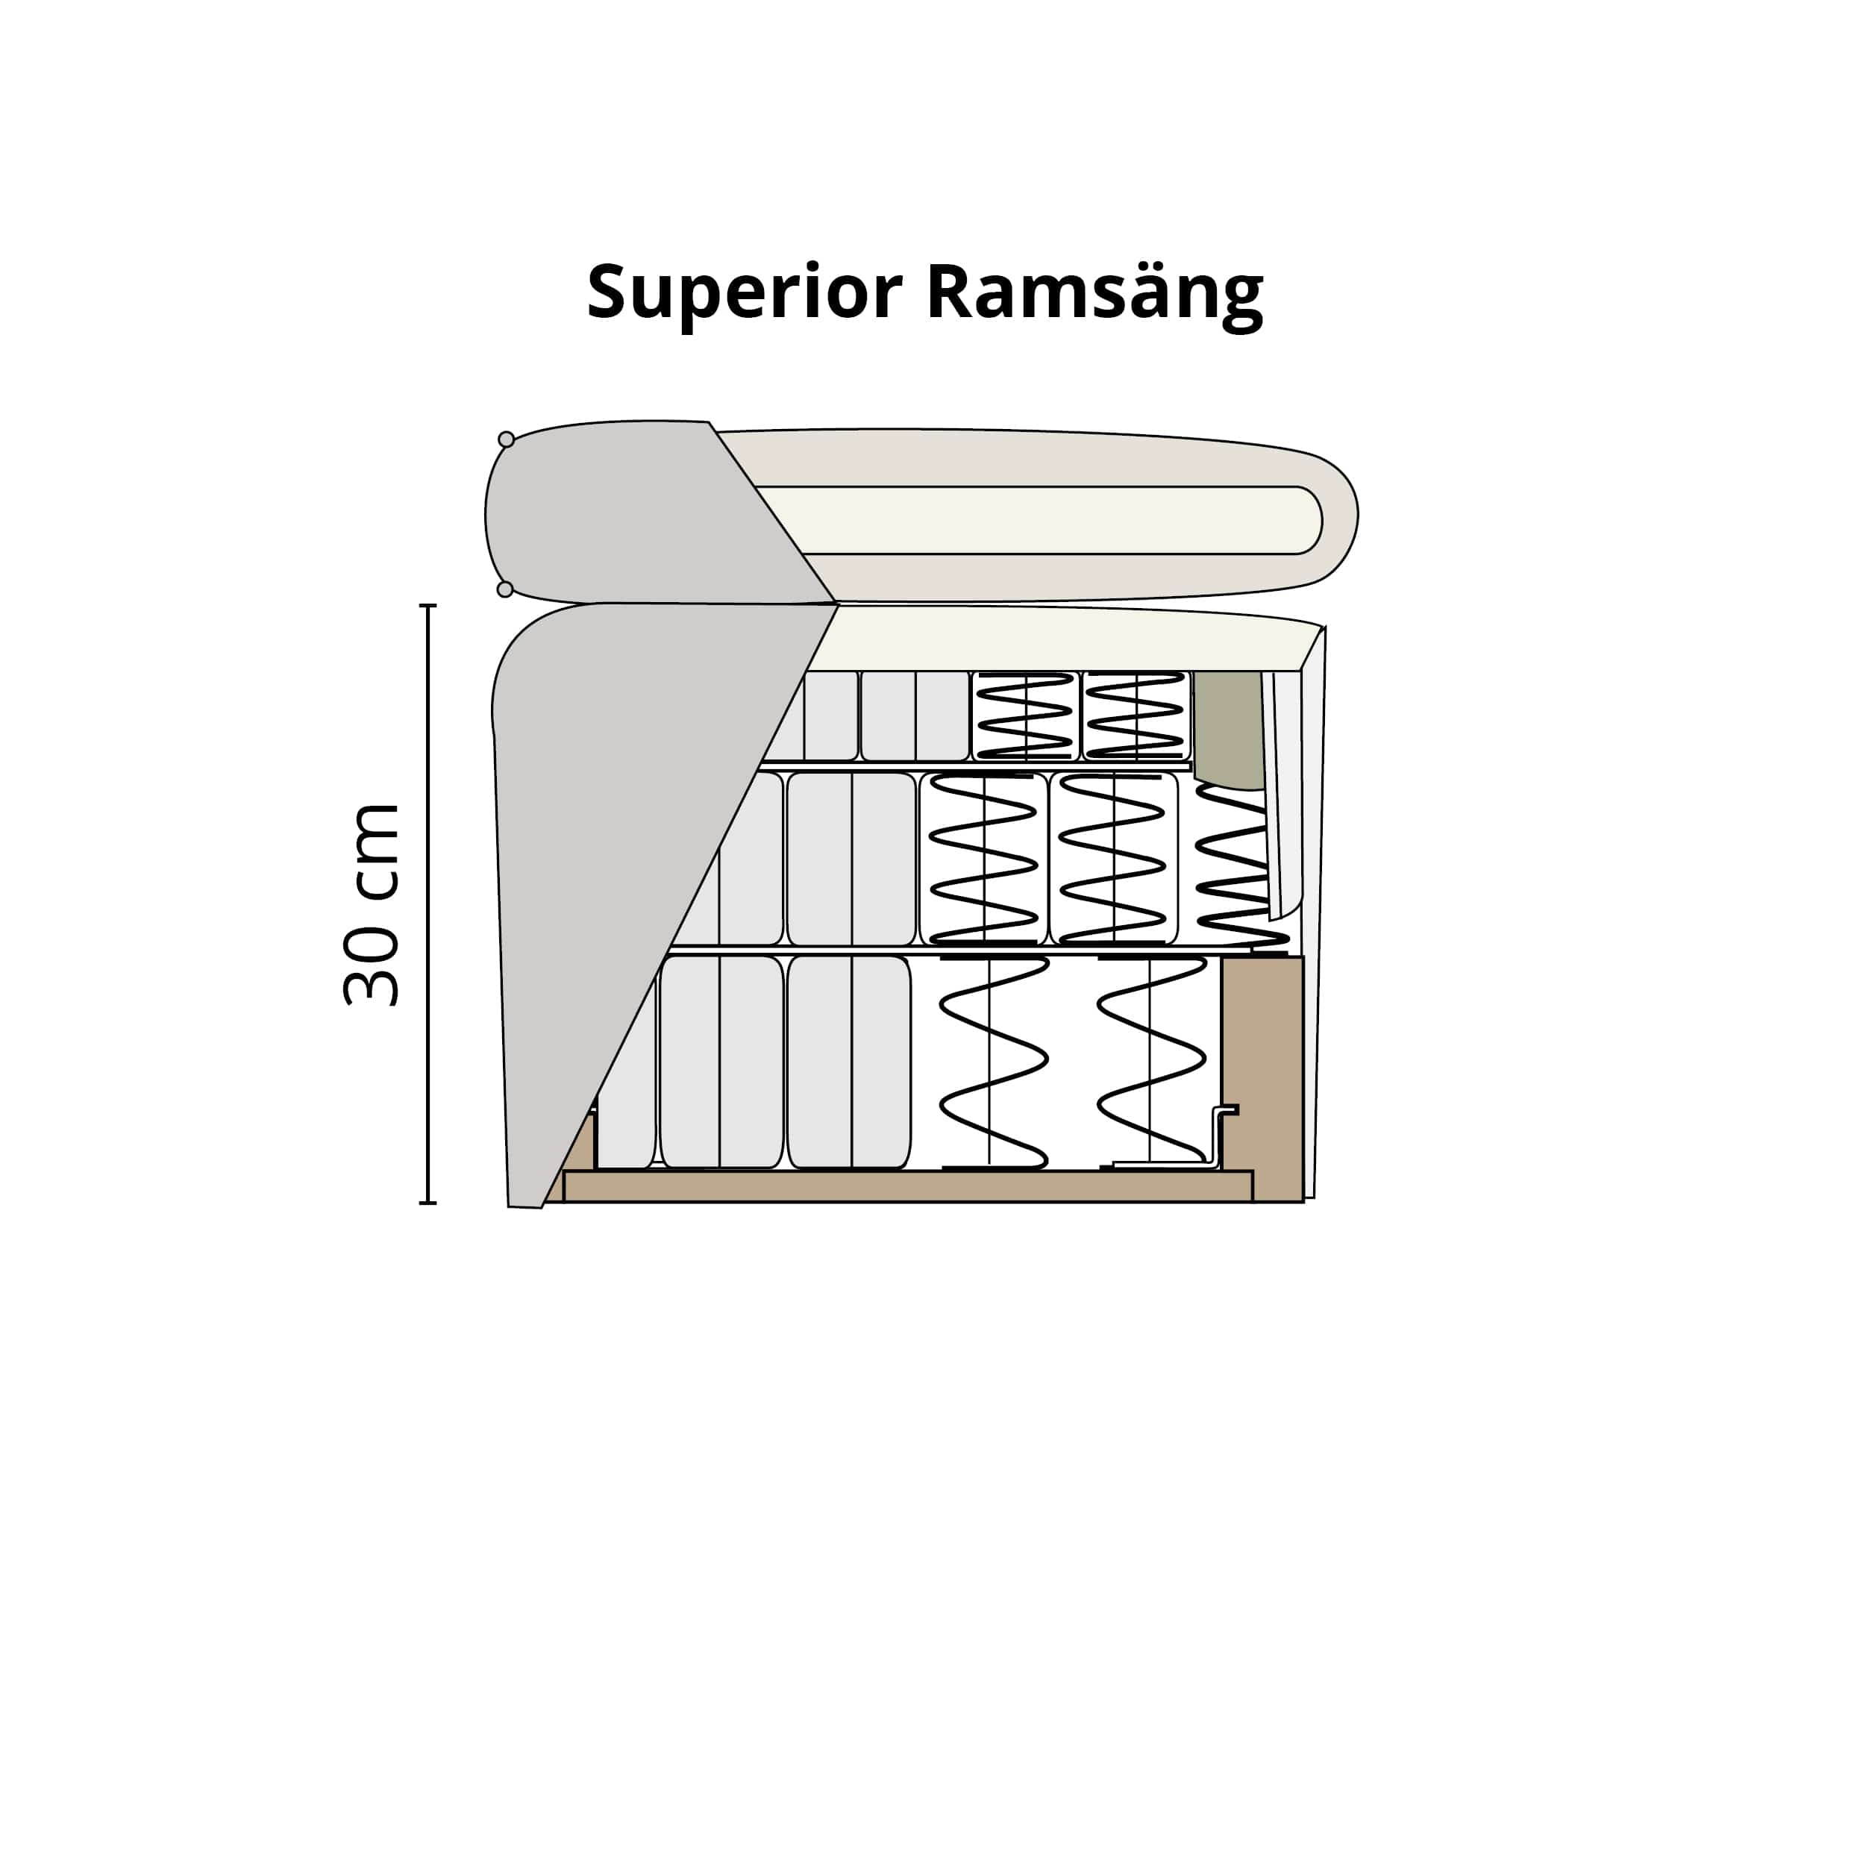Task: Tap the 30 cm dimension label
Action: [x=371, y=906]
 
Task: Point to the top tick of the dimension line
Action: [x=428, y=607]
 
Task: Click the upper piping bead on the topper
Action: [x=506, y=439]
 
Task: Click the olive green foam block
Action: [x=1228, y=728]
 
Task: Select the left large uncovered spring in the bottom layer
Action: [x=992, y=1062]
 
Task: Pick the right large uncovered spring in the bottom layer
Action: [x=1150, y=1062]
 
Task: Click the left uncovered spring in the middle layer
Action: [x=983, y=859]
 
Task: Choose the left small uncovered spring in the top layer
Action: [x=1025, y=715]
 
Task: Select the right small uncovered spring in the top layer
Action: [x=1136, y=715]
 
